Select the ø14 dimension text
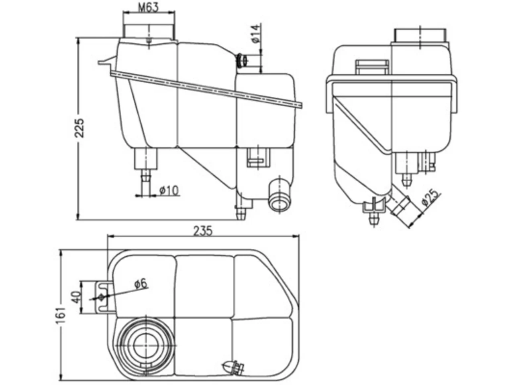[256, 34]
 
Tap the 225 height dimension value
[79, 128]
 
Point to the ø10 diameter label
[169, 190]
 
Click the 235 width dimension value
[203, 231]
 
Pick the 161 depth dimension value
[60, 315]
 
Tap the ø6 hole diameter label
[141, 283]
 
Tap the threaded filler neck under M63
[149, 32]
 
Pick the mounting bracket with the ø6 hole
[105, 297]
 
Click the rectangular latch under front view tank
[258, 158]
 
